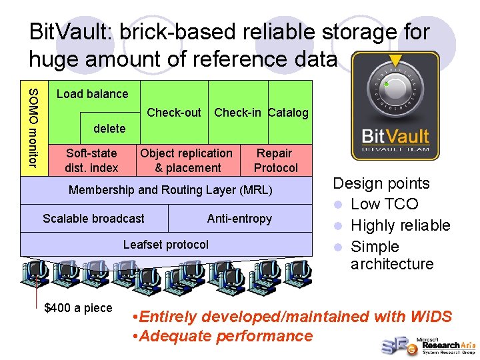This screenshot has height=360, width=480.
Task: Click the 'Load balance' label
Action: point(92,94)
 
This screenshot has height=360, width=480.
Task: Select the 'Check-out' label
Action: point(173,113)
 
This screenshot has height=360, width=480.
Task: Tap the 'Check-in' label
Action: point(238,113)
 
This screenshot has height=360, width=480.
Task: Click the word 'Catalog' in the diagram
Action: point(288,113)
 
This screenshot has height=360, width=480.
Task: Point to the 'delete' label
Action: point(109,128)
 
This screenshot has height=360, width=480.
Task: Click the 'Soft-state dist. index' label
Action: point(91,161)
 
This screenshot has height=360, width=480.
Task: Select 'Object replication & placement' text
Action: point(187,161)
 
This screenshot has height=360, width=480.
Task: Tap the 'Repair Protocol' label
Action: point(275,161)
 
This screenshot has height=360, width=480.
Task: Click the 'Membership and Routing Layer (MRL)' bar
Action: point(171,191)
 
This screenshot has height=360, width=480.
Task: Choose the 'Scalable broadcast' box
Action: point(93,219)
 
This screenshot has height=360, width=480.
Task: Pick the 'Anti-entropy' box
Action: point(239,219)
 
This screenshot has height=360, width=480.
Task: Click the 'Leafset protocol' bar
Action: point(166,245)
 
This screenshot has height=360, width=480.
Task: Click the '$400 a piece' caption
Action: point(78,308)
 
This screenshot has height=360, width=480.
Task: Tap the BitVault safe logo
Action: point(395,107)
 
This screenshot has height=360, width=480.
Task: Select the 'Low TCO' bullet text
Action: point(384,204)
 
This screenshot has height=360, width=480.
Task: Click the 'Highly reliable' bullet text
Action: point(400,225)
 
